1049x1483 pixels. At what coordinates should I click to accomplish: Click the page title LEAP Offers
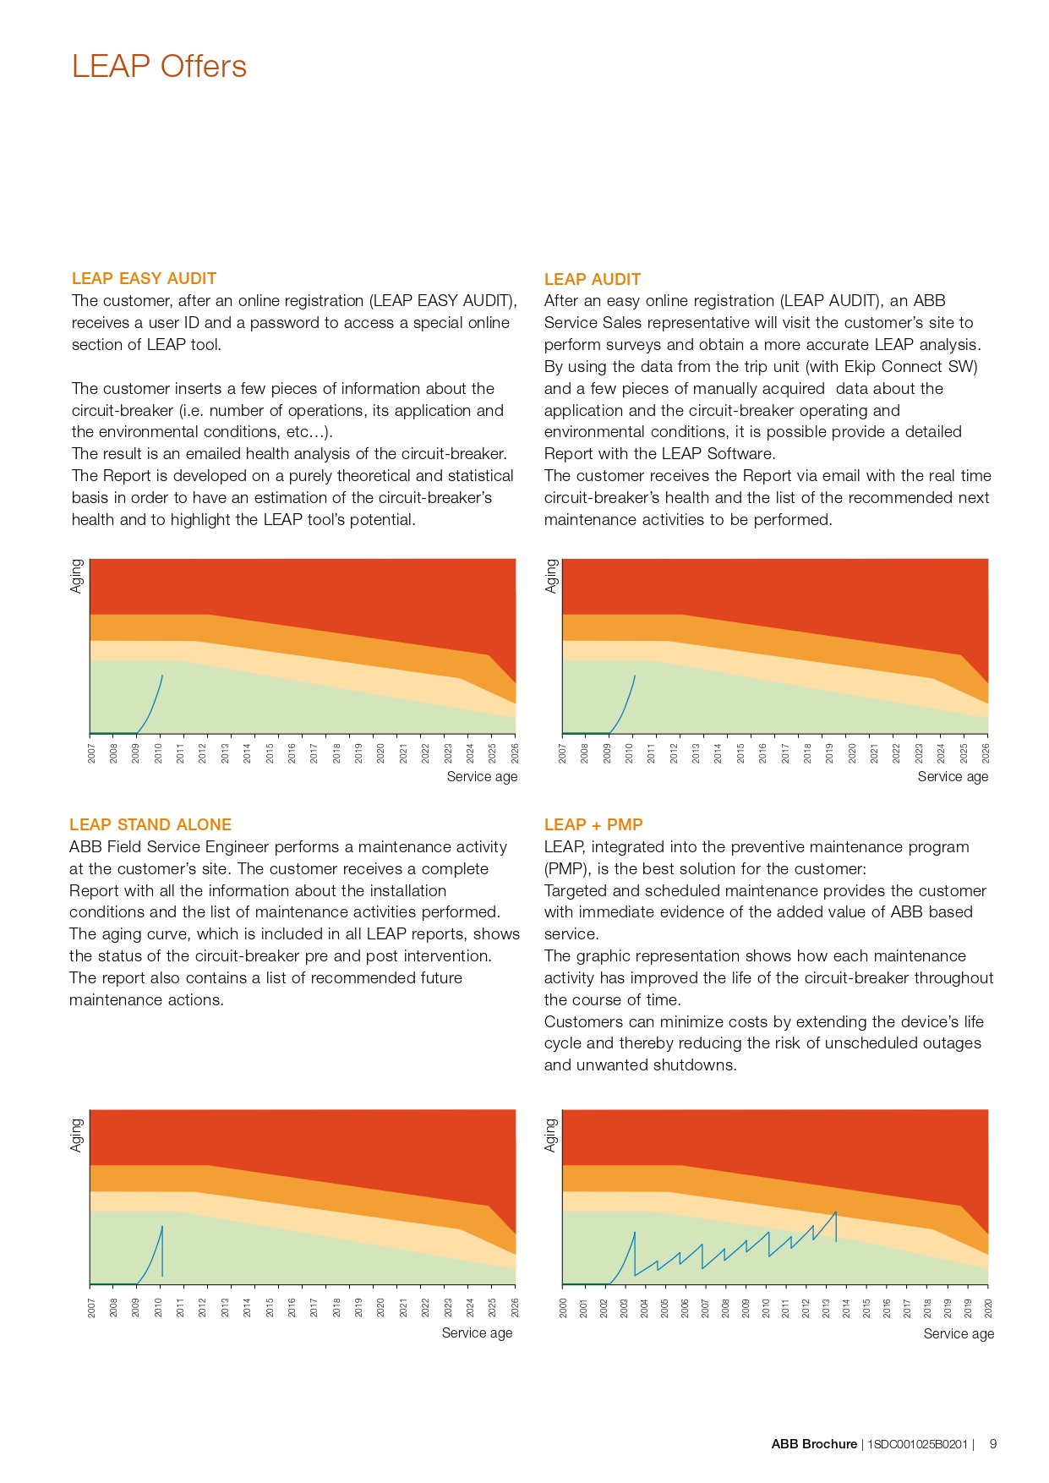(x=159, y=66)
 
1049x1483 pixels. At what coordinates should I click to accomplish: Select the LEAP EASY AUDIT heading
(x=144, y=278)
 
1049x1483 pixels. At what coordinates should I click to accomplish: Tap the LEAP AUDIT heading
(x=592, y=279)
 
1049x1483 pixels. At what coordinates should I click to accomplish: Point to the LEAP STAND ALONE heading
(x=150, y=824)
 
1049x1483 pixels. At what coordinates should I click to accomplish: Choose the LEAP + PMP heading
(x=593, y=824)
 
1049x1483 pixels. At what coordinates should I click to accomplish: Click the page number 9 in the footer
(x=993, y=1444)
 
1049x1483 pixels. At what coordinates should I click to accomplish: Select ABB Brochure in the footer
(x=813, y=1444)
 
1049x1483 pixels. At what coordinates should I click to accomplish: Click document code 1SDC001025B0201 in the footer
(x=917, y=1444)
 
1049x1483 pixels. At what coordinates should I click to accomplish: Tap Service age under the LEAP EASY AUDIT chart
(x=482, y=776)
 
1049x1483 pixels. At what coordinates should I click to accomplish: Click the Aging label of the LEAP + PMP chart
(x=551, y=1135)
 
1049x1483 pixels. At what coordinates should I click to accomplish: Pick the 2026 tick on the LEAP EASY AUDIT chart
(x=515, y=752)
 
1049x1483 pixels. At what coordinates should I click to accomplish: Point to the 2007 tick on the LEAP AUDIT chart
(x=563, y=752)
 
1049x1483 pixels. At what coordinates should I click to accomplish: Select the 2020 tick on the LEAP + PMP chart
(x=988, y=1308)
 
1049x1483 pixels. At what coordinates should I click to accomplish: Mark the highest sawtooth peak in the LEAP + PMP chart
(x=836, y=1212)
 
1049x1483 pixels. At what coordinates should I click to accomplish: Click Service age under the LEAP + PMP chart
(x=958, y=1333)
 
